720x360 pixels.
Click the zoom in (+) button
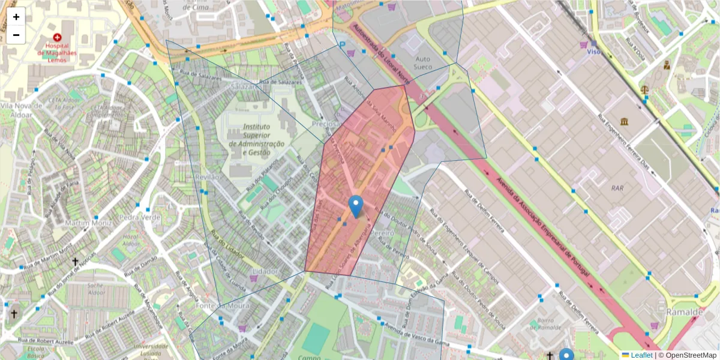[x=16, y=17]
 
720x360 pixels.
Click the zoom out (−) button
[x=16, y=35]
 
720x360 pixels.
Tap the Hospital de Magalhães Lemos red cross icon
[x=57, y=37]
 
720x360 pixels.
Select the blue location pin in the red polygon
[x=356, y=206]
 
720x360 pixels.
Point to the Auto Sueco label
[x=424, y=63]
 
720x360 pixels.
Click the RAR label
[x=617, y=188]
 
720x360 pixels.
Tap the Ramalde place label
[x=684, y=312]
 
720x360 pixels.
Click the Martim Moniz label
[x=89, y=223]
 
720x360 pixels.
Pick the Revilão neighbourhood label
[x=207, y=178]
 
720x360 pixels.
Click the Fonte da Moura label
[x=214, y=305]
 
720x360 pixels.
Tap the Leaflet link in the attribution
[x=641, y=355]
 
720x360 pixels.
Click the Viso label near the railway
[x=593, y=52]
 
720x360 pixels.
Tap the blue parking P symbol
[x=342, y=44]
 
